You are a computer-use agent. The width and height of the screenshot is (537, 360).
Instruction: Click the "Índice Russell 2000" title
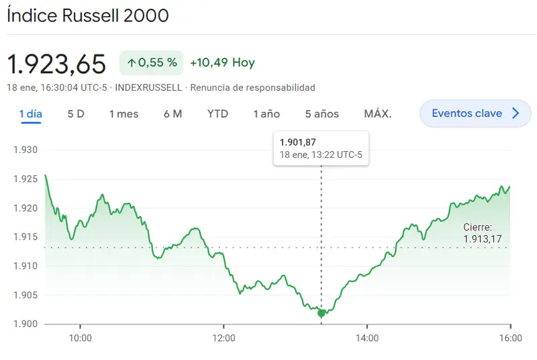pyautogui.click(x=88, y=15)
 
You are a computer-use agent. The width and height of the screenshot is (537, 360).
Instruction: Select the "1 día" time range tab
pyautogui.click(x=31, y=114)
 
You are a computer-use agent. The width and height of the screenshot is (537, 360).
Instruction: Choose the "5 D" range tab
pyautogui.click(x=76, y=114)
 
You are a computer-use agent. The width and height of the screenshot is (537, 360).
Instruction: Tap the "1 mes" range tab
pyautogui.click(x=124, y=114)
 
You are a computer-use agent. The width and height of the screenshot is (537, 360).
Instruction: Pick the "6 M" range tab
pyautogui.click(x=173, y=114)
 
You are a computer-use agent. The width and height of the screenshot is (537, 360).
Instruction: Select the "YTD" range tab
pyautogui.click(x=217, y=114)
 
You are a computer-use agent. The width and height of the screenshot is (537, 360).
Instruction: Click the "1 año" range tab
pyautogui.click(x=266, y=114)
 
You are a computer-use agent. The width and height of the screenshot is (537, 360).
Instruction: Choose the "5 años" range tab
pyautogui.click(x=322, y=114)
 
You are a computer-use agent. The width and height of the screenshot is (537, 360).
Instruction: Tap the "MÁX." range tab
pyautogui.click(x=378, y=114)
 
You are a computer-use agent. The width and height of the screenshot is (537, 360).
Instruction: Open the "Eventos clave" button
pyautogui.click(x=475, y=114)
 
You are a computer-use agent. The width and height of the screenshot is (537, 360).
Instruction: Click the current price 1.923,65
pyautogui.click(x=56, y=64)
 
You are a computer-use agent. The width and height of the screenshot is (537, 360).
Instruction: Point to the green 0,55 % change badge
pyautogui.click(x=152, y=62)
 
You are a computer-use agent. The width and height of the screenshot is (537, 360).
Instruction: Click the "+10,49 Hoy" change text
pyautogui.click(x=223, y=62)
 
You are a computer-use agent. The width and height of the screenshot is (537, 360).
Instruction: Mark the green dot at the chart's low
pyautogui.click(x=322, y=313)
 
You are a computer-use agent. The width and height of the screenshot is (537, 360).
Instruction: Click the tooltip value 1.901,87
pyautogui.click(x=297, y=142)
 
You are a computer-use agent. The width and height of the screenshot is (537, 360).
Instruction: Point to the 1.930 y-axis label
pyautogui.click(x=26, y=150)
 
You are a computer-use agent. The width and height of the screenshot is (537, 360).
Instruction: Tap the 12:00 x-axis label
pyautogui.click(x=224, y=338)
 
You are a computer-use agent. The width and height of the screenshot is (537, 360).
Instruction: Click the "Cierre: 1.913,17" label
pyautogui.click(x=482, y=233)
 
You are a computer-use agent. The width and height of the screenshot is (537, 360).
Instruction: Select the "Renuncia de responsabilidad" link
pyautogui.click(x=253, y=88)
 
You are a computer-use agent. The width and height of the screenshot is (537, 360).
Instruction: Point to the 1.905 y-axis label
pyautogui.click(x=26, y=295)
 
